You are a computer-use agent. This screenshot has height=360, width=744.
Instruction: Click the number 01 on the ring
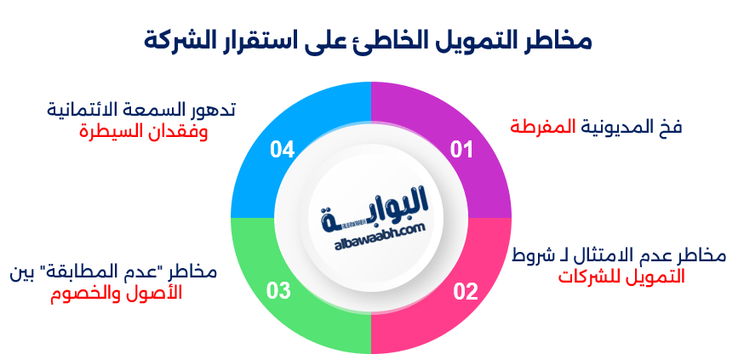(461, 151)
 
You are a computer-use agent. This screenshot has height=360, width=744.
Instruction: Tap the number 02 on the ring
(465, 293)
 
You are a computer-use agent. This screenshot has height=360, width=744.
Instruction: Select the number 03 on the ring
(279, 293)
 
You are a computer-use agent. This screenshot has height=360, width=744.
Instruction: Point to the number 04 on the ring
(282, 151)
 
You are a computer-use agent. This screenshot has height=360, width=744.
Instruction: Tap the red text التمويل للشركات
(621, 277)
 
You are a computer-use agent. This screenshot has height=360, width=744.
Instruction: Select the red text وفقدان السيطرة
(144, 132)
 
